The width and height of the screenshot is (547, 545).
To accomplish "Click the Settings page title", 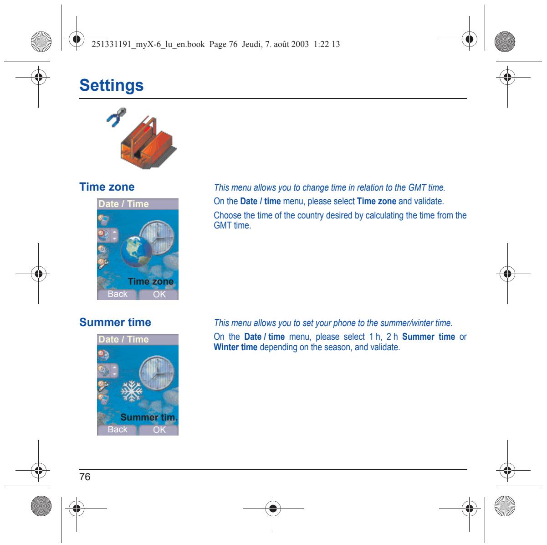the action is click(111, 85).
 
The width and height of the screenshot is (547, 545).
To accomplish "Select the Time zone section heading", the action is click(107, 187).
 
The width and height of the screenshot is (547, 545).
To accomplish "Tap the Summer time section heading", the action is click(115, 322).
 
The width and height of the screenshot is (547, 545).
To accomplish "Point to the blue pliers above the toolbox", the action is click(117, 117).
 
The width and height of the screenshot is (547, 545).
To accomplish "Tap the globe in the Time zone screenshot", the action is click(136, 251).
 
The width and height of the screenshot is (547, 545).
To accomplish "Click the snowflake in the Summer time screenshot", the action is click(132, 391).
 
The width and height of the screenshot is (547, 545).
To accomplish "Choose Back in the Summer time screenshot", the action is click(117, 429).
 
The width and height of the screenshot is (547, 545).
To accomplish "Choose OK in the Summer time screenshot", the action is click(159, 430).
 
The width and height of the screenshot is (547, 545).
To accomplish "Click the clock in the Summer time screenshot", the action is click(157, 373).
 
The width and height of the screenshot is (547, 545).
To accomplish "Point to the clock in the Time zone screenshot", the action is click(157, 238).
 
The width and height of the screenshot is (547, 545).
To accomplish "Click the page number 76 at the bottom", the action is click(85, 477).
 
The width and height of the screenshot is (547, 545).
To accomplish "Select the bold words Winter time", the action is click(235, 347).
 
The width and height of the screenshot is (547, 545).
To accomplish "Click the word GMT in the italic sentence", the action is click(417, 187).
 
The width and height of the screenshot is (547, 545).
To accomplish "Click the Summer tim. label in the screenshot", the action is click(149, 417).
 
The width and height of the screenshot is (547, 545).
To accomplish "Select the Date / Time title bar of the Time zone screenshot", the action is click(138, 204).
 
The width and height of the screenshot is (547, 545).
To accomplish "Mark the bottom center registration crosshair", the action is click(273, 509).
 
